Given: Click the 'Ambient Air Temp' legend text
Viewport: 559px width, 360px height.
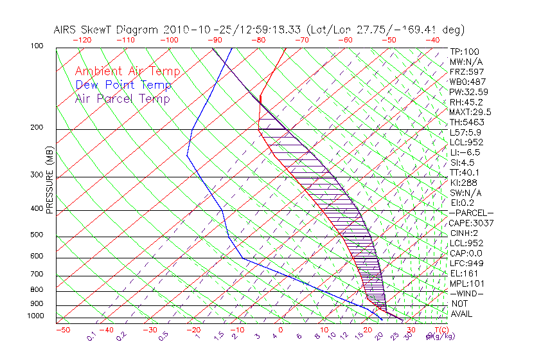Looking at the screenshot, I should pos(127,71).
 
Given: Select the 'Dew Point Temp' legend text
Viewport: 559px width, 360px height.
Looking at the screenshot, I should pos(123,85).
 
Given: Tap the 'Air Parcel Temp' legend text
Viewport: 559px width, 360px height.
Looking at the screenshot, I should pos(122,98).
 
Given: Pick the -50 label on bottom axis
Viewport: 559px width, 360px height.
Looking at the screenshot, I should pos(62,330).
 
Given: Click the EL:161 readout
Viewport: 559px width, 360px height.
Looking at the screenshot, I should pos(465,273).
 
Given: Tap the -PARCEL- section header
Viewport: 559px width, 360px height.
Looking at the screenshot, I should pos(471,213).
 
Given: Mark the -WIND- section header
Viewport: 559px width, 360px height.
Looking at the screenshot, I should pos(466,293).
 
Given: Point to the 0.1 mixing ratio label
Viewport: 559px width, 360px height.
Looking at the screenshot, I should pos(91,336).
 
